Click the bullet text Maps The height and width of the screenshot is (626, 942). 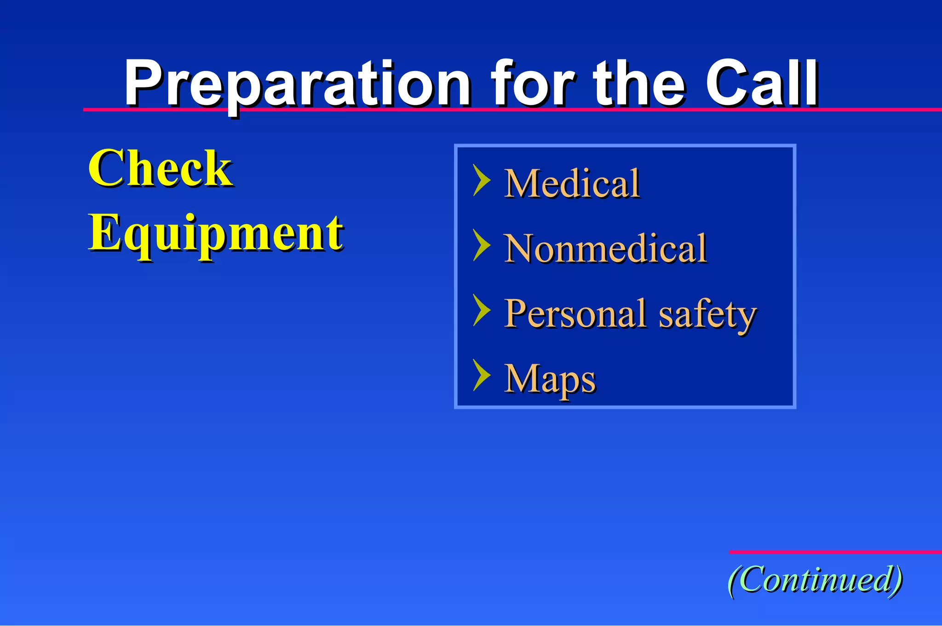(x=550, y=379)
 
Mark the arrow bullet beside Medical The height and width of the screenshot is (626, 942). (x=481, y=180)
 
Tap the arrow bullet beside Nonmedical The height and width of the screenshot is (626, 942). (x=481, y=245)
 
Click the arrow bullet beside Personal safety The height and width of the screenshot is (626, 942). (x=481, y=310)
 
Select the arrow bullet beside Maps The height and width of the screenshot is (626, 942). (x=481, y=375)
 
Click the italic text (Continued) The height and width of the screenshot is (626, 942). (x=815, y=580)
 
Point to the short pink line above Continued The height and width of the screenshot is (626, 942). (x=835, y=551)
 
